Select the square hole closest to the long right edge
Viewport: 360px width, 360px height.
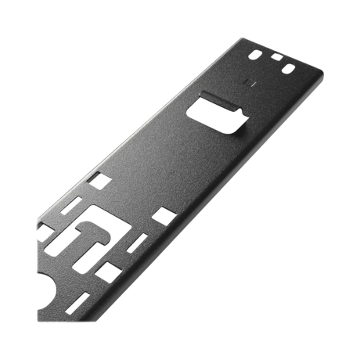click(x=163, y=213)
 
